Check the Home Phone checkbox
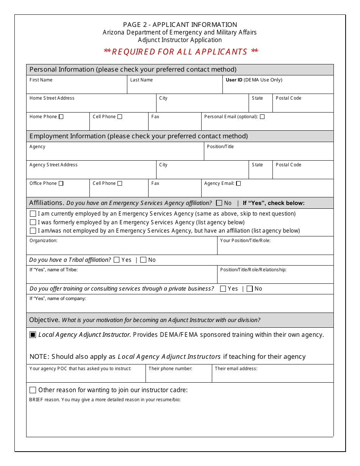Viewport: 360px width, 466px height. pyautogui.click(x=61, y=117)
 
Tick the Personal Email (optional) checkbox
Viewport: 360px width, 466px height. pyautogui.click(x=262, y=117)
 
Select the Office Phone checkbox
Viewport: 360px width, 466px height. pyautogui.click(x=61, y=183)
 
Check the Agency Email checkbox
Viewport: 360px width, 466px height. pyautogui.click(x=238, y=183)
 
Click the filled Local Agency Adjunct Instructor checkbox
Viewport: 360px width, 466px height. pyautogui.click(x=33, y=335)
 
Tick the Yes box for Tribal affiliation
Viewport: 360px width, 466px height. pyautogui.click(x=117, y=260)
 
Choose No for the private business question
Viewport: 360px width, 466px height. pyautogui.click(x=250, y=289)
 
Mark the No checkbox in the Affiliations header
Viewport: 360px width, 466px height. pyautogui.click(x=219, y=203)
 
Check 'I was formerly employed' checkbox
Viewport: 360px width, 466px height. pyautogui.click(x=33, y=222)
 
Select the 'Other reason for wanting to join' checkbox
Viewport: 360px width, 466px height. pyautogui.click(x=33, y=390)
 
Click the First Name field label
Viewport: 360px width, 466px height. pyautogui.click(x=41, y=80)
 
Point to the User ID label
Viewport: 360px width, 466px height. pyautogui.click(x=234, y=80)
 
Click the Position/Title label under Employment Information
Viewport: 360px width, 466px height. pyautogui.click(x=220, y=147)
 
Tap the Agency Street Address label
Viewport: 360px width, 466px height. pyautogui.click(x=53, y=165)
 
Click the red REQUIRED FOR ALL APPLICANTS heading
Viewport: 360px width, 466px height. pyautogui.click(x=181, y=52)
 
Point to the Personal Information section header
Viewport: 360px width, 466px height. pyautogui.click(x=133, y=69)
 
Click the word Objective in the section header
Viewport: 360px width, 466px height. pyautogui.click(x=44, y=320)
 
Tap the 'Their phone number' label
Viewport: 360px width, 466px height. pyautogui.click(x=170, y=369)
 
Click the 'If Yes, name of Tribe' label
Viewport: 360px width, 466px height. pyautogui.click(x=53, y=270)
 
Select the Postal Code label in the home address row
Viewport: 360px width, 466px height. pyautogui.click(x=288, y=98)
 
